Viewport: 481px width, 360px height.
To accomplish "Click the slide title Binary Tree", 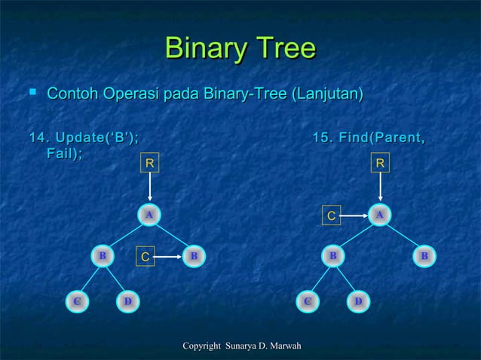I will pyautogui.click(x=240, y=49).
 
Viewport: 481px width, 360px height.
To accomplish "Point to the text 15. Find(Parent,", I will pyautogui.click(x=367, y=138).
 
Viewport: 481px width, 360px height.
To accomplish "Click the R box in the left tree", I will pyautogui.click(x=150, y=162).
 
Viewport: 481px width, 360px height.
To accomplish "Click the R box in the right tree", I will pyautogui.click(x=381, y=162).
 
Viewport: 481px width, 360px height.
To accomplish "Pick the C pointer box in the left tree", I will pyautogui.click(x=146, y=257).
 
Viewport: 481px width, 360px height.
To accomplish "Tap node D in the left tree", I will pyautogui.click(x=128, y=302).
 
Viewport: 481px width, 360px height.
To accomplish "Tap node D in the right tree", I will pyautogui.click(x=359, y=302).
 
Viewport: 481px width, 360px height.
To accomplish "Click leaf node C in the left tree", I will pyautogui.click(x=75, y=302).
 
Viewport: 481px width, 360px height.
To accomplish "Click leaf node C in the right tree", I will pyautogui.click(x=307, y=302).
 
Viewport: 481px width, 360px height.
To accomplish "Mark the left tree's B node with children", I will pyautogui.click(x=102, y=256).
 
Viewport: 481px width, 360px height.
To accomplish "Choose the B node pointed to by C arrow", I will pyautogui.click(x=194, y=256).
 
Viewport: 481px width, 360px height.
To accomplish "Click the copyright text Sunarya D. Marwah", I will pyautogui.click(x=240, y=346).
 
